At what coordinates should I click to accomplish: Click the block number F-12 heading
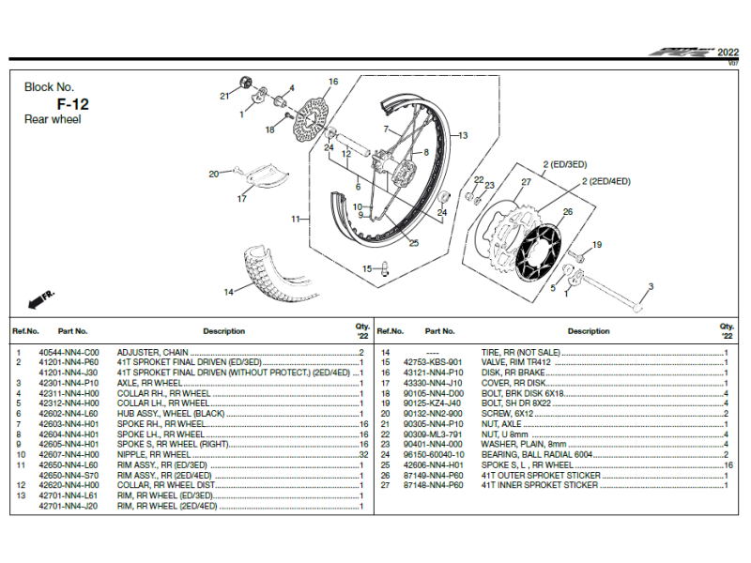pos(72,103)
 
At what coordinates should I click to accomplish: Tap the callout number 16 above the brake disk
pos(332,83)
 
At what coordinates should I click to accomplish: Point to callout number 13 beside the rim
pos(462,136)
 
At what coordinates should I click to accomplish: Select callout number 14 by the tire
pos(227,292)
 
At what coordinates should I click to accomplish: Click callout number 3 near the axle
pos(651,286)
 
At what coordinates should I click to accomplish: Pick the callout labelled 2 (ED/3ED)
pos(563,164)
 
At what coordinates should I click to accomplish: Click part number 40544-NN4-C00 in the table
pos(69,353)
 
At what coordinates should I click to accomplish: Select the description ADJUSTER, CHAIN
pos(146,353)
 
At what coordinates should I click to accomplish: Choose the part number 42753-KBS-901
pos(433,362)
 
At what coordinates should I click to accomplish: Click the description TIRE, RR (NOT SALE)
pos(520,353)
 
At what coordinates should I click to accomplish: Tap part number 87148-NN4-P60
pos(433,485)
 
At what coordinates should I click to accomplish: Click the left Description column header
pos(223,331)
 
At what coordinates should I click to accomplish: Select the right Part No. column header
pos(439,331)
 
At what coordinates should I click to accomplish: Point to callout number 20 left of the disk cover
pos(213,174)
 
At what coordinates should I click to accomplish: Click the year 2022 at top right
pos(728,53)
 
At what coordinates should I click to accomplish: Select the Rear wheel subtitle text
pos(53,120)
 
